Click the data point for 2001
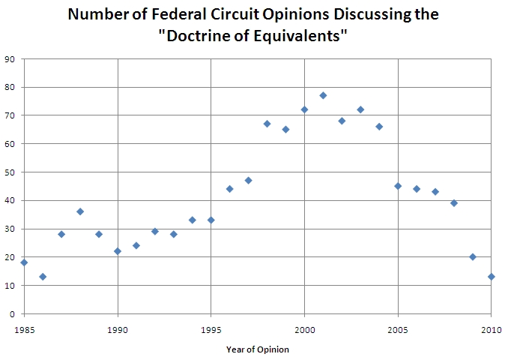(323, 95)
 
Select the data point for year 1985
(24, 262)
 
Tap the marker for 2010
(492, 277)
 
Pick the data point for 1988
(80, 211)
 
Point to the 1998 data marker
(267, 124)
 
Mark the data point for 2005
(398, 186)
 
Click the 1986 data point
(43, 277)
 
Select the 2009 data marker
(473, 256)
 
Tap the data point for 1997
(248, 180)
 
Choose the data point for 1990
(118, 251)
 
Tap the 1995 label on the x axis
(211, 328)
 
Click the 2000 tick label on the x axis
(304, 328)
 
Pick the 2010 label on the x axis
(492, 328)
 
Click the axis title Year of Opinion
(258, 349)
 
